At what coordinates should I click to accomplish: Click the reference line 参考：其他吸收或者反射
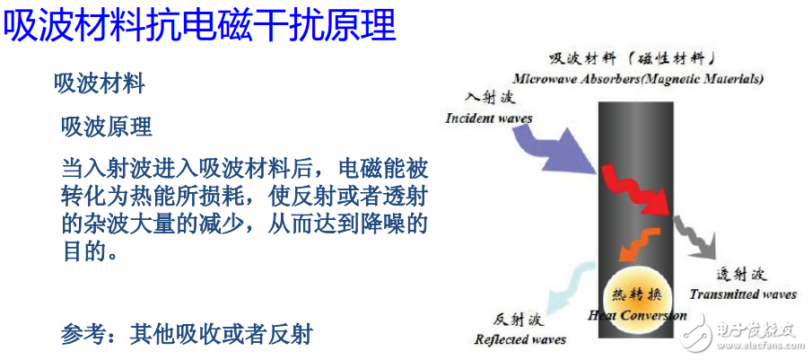click(187, 334)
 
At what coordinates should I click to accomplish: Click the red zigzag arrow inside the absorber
click(636, 189)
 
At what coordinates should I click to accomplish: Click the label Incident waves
click(488, 118)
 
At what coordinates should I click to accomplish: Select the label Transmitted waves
click(742, 294)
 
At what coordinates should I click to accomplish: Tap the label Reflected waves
click(520, 339)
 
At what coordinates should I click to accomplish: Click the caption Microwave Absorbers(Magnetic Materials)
click(640, 78)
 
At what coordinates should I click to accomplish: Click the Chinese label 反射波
click(517, 320)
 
